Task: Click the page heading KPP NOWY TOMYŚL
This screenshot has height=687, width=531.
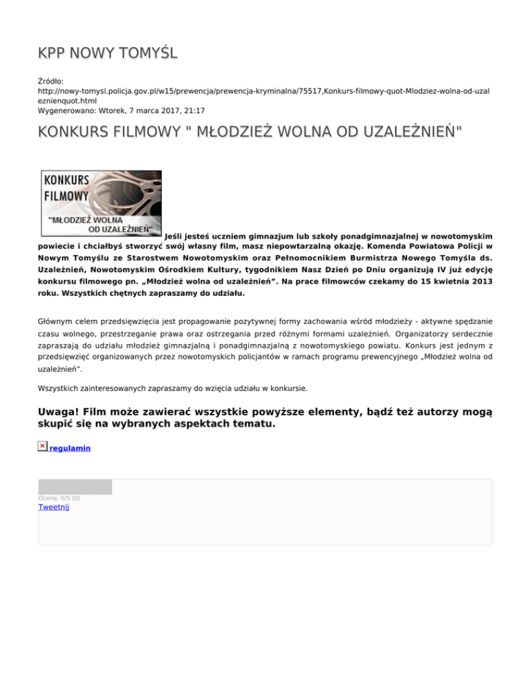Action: pyautogui.click(x=109, y=53)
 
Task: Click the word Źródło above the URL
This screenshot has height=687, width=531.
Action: pyautogui.click(x=53, y=81)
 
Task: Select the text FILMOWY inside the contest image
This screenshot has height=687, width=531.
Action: pyautogui.click(x=66, y=196)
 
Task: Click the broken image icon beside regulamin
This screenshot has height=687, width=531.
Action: pyautogui.click(x=43, y=446)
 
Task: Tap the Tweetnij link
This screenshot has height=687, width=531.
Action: pyautogui.click(x=54, y=507)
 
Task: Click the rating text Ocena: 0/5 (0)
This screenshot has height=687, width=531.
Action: pyautogui.click(x=59, y=498)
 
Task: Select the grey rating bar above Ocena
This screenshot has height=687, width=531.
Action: pyautogui.click(x=75, y=487)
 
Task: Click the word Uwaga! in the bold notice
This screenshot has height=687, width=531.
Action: pyautogui.click(x=61, y=413)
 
